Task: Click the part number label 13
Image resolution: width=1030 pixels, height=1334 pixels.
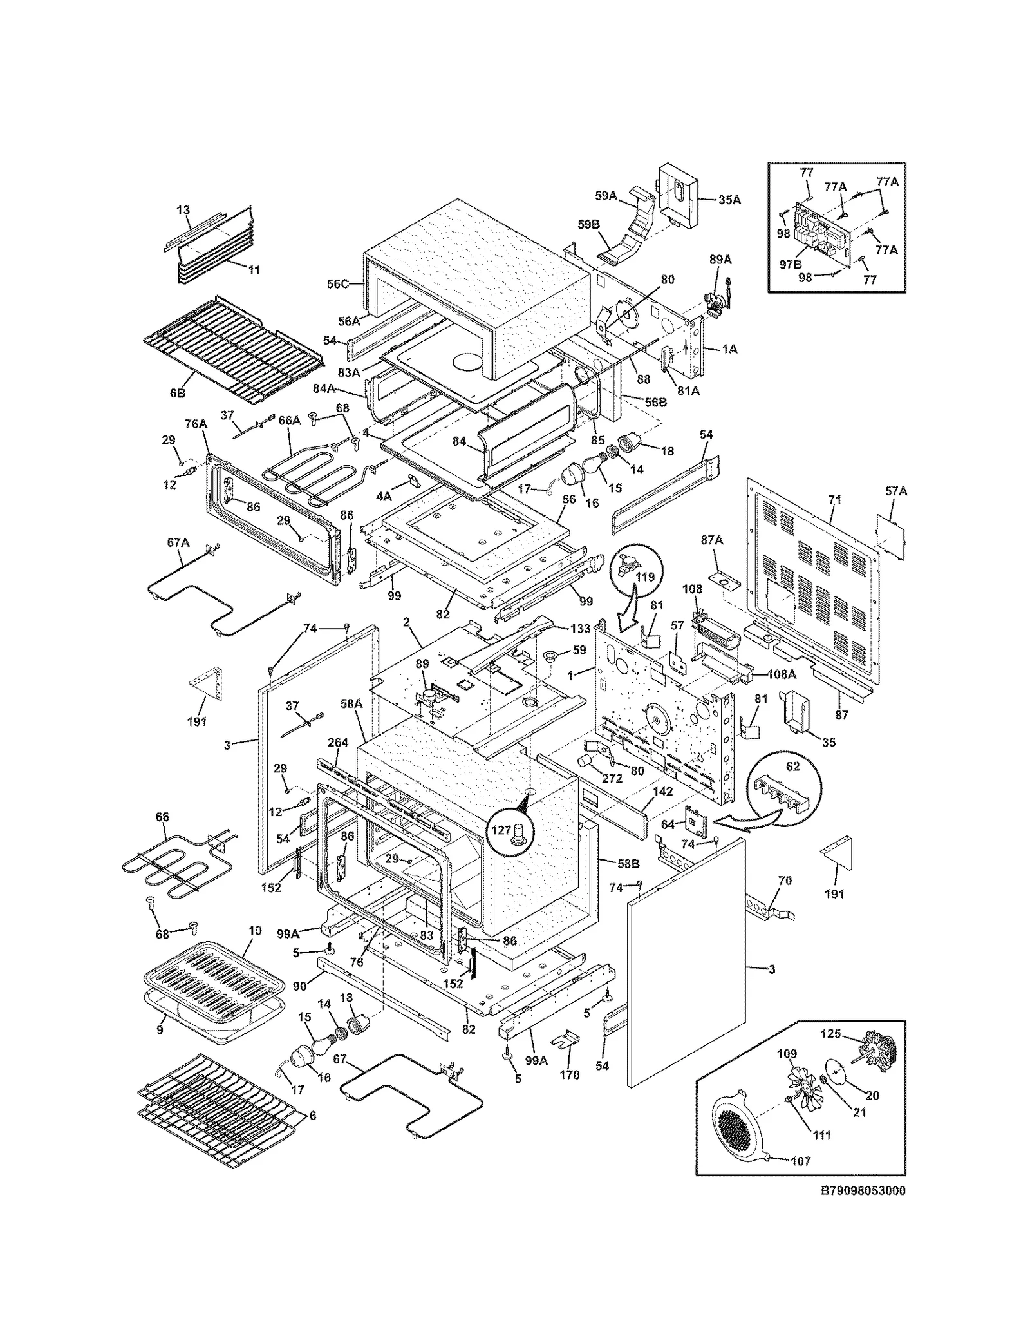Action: click(183, 210)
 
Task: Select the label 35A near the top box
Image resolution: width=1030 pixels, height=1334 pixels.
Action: click(729, 200)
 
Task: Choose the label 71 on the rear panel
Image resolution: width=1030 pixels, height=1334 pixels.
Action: click(835, 499)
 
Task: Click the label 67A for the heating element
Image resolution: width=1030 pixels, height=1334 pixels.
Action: click(178, 542)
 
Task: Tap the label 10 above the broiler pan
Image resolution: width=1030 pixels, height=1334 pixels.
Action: click(255, 930)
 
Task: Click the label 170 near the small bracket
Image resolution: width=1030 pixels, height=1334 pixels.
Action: click(569, 1074)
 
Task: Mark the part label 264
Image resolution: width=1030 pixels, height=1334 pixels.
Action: click(338, 743)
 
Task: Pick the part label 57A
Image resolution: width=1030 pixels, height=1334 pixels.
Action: click(895, 491)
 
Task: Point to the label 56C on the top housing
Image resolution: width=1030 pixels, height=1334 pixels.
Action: click(337, 283)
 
